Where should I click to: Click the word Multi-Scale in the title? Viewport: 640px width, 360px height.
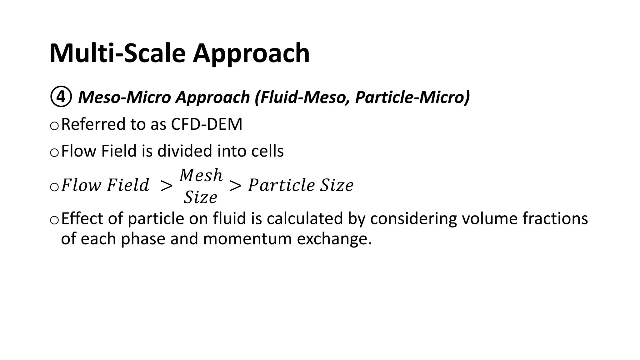(x=118, y=53)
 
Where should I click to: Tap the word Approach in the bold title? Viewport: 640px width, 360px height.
(x=251, y=54)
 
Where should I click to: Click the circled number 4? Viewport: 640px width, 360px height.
(x=61, y=97)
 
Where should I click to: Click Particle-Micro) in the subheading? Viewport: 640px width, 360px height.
(x=412, y=97)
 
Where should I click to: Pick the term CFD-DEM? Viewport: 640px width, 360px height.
(x=207, y=124)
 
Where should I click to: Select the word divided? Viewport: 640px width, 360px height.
(x=185, y=151)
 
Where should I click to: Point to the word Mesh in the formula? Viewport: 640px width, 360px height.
(x=201, y=175)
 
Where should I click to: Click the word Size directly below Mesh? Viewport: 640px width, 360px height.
(x=200, y=197)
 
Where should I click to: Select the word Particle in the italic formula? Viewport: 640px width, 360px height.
(x=281, y=185)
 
